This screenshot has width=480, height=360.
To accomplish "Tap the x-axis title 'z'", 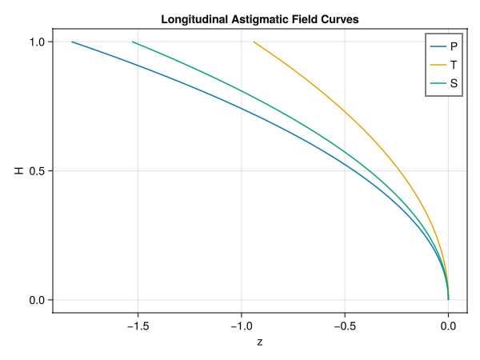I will point(260,342).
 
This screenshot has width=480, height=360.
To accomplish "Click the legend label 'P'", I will point(454,46).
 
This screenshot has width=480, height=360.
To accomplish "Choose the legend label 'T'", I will point(454,64).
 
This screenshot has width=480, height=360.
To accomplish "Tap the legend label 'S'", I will point(454,82).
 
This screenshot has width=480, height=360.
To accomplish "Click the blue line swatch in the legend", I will point(439,46).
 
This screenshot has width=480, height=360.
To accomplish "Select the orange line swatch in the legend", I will point(439,64).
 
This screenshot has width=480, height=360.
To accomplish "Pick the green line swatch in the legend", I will point(439,82).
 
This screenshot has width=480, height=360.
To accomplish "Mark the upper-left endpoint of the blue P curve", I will point(72,42).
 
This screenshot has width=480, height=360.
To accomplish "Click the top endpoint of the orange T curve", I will point(254,42).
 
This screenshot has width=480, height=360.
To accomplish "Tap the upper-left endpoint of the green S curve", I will point(133,42).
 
